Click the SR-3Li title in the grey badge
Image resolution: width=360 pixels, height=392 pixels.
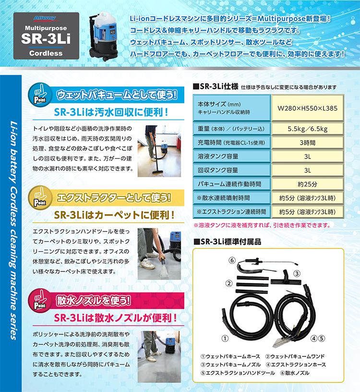tap(46, 39)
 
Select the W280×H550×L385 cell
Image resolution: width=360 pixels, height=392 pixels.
tap(308, 109)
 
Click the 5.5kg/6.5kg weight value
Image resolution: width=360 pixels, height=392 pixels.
tap(308, 129)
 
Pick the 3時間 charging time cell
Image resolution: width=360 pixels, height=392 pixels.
tap(308, 143)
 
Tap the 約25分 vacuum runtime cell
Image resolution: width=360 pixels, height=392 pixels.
tap(308, 184)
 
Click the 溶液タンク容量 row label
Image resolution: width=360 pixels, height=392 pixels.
tap(218, 157)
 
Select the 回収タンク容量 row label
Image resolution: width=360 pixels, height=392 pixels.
tap(218, 171)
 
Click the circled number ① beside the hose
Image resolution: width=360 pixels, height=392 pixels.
tap(224, 338)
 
